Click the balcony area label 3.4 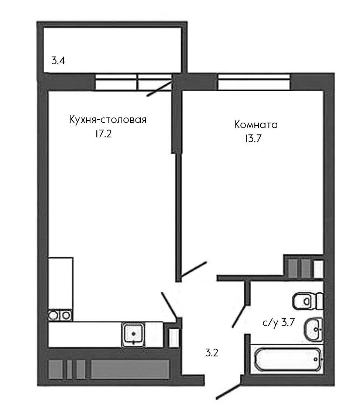pyautogui.click(x=58, y=61)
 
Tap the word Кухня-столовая pyautogui.click(x=107, y=120)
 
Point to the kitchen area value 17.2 pyautogui.click(x=103, y=134)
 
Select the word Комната pyautogui.click(x=256, y=125)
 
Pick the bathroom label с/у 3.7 pyautogui.click(x=278, y=323)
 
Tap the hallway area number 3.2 pyautogui.click(x=212, y=353)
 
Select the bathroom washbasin pyautogui.click(x=313, y=329)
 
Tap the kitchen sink pyautogui.click(x=134, y=334)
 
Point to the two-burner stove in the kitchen pyautogui.click(x=60, y=315)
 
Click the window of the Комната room pyautogui.click(x=253, y=82)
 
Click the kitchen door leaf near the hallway pyautogui.click(x=169, y=305)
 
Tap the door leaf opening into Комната pyautogui.click(x=193, y=270)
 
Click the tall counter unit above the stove pyautogui.click(x=61, y=283)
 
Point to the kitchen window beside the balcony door pyautogui.click(x=116, y=82)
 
